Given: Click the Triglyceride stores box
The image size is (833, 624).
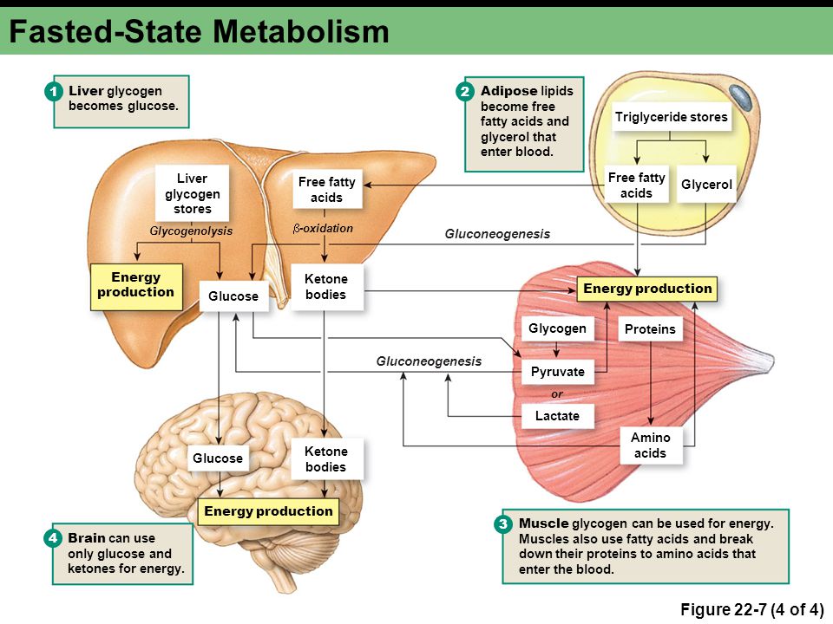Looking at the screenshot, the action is tap(671, 117).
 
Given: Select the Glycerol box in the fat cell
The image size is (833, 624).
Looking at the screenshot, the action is tap(706, 185).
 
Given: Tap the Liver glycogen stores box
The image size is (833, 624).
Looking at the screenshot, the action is tap(192, 193).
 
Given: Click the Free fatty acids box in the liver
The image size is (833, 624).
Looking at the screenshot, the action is tap(327, 190).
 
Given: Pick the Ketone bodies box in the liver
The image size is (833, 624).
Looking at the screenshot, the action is tap(325, 287).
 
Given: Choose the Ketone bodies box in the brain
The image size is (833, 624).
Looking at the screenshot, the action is tap(325, 459).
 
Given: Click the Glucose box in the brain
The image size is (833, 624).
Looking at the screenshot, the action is tap(218, 458).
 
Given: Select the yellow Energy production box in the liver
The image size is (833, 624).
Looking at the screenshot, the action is tap(136, 287).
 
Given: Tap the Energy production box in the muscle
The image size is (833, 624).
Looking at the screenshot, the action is tap(647, 289).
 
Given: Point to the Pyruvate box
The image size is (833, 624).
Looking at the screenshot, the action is tap(557, 372).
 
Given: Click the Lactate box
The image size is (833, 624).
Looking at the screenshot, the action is tap(557, 416).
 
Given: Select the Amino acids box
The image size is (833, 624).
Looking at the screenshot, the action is tap(650, 445).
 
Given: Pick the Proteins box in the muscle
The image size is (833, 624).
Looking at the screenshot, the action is tap(650, 329).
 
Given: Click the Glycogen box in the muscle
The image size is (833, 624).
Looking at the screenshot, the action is tap(557, 328).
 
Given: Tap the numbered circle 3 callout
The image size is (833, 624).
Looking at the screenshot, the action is tap(502, 524).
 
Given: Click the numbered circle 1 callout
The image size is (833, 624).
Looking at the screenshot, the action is tap(53, 92).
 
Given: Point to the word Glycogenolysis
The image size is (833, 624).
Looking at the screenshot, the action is tap(191, 231).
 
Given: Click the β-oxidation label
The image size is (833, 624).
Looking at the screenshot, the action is tap(323, 229).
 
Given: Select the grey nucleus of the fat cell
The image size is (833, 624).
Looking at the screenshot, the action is tap(740, 97).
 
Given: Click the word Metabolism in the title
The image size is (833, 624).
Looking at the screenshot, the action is tap(301, 31).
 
